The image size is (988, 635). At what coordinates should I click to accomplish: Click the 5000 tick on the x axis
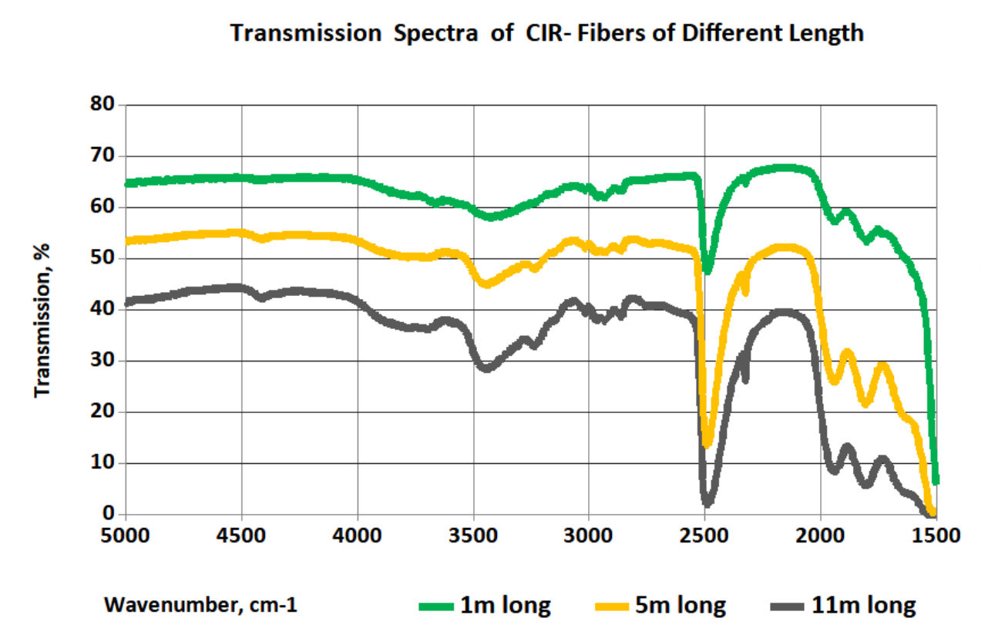coord(125,534)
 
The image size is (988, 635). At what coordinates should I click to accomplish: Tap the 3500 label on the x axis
coord(473,534)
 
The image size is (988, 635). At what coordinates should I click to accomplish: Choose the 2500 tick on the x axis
coord(704,534)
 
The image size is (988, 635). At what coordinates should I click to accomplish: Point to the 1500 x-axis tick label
coord(936,534)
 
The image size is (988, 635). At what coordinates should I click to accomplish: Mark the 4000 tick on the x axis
coord(358,534)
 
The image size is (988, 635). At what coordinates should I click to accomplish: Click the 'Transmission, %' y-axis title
coord(42,319)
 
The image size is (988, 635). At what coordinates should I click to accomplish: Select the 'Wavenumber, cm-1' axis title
coord(201,606)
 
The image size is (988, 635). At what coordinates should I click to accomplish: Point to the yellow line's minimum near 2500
coord(707,444)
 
